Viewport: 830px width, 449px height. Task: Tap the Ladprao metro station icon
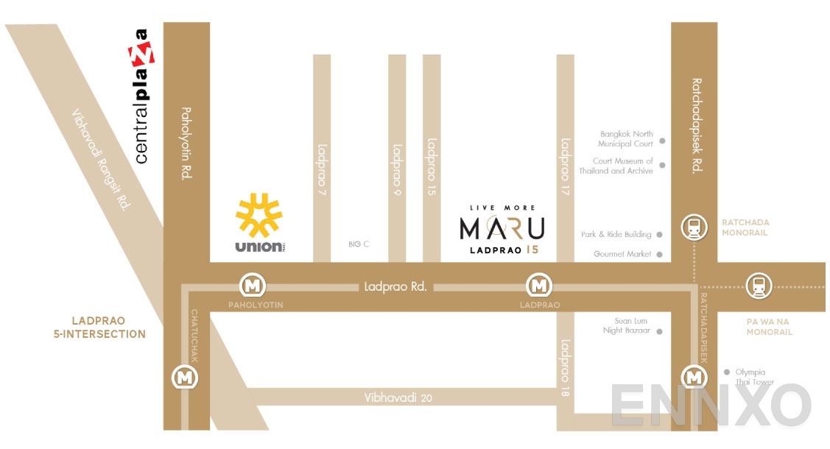pos(540,284)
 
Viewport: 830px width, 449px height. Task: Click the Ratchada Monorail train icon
pos(694,227)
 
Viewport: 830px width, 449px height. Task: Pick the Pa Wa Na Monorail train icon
pos(757,286)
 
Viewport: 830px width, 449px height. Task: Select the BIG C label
pos(359,244)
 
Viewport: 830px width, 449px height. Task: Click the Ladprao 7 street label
pos(322,169)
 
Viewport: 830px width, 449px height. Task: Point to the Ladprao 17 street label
pos(566,160)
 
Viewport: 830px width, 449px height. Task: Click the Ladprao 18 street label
pos(565,368)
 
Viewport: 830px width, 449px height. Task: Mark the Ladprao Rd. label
pos(395,286)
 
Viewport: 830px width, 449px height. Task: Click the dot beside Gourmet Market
pos(661,255)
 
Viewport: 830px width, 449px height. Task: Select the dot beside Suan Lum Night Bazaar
pos(661,331)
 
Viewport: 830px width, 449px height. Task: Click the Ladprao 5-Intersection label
pos(108,328)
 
